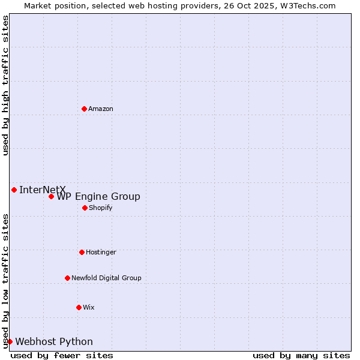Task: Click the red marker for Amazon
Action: click(x=84, y=109)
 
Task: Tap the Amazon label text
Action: click(x=101, y=109)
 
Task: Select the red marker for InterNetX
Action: click(x=14, y=190)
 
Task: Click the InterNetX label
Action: click(x=42, y=190)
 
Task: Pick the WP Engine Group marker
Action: click(x=51, y=196)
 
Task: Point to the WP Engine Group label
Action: click(x=98, y=197)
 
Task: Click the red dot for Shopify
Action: click(x=85, y=208)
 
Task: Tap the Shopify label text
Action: click(x=100, y=208)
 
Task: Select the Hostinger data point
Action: click(x=82, y=252)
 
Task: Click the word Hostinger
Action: click(x=101, y=253)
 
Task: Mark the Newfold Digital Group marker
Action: click(x=67, y=278)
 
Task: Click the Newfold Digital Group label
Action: click(x=106, y=278)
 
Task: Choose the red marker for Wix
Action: click(x=79, y=307)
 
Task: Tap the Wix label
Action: click(x=89, y=308)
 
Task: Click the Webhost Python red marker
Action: click(x=10, y=341)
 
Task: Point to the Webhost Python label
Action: click(x=54, y=342)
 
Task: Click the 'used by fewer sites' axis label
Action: click(x=62, y=355)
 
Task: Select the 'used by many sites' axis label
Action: click(x=301, y=355)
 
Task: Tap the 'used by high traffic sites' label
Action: click(x=6, y=85)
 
